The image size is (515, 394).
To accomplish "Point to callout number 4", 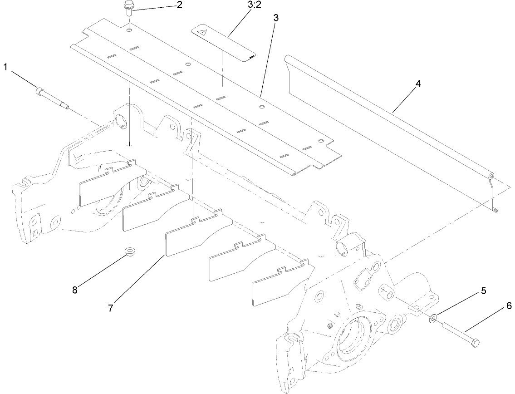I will click(417, 84).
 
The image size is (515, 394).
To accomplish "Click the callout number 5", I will click(484, 291).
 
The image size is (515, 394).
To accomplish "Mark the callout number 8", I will click(74, 289).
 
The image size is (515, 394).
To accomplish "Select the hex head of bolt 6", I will click(475, 343).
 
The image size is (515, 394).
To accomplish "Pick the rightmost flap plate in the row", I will click(277, 284).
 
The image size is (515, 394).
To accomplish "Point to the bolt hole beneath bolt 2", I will click(130, 30).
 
